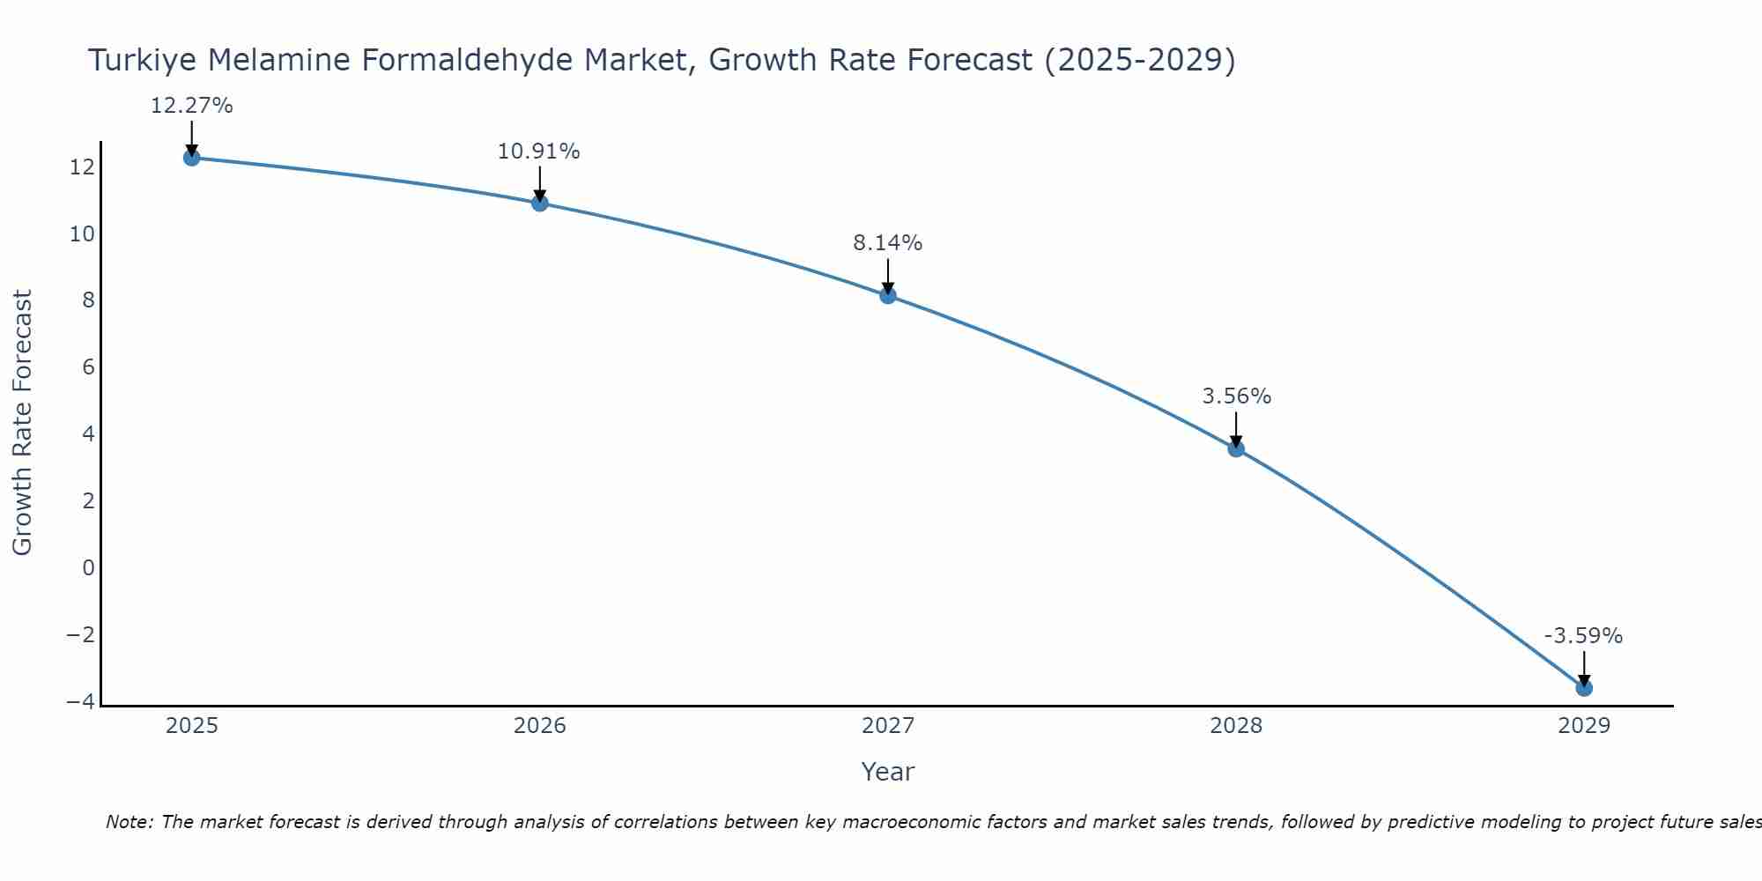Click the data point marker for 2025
[191, 158]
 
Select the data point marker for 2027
[888, 295]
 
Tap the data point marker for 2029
[1584, 687]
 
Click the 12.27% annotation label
[191, 106]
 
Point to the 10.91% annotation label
[538, 152]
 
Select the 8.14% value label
[887, 243]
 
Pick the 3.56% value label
[1236, 396]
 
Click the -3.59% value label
[1583, 636]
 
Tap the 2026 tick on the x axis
[539, 726]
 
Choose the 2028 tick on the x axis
[1236, 726]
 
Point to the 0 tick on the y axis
[88, 567]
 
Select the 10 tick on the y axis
[82, 234]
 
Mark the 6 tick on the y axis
[88, 367]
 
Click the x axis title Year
[887, 772]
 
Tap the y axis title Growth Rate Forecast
[22, 423]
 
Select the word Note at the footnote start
[130, 822]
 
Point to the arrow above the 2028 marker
[1236, 429]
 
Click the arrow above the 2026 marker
[539, 184]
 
